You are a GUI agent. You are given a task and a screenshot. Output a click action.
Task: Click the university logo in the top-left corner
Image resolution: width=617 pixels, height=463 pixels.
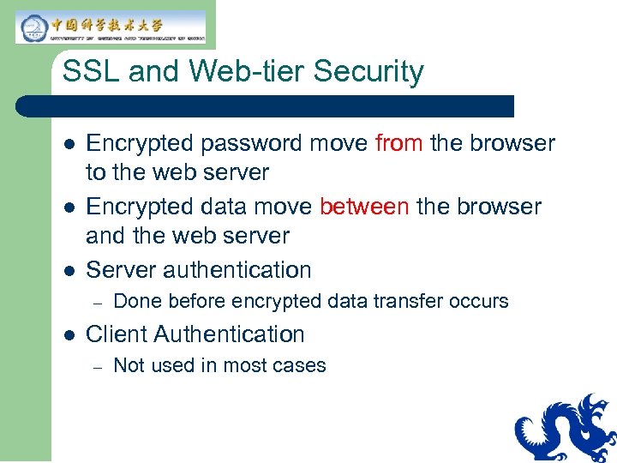(x=110, y=27)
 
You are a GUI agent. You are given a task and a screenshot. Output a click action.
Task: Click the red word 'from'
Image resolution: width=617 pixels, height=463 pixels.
(x=398, y=143)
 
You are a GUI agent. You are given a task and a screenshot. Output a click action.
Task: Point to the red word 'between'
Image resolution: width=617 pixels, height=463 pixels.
(x=364, y=207)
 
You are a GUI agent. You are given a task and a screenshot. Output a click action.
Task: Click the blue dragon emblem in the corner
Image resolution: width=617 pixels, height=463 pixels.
(x=566, y=429)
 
